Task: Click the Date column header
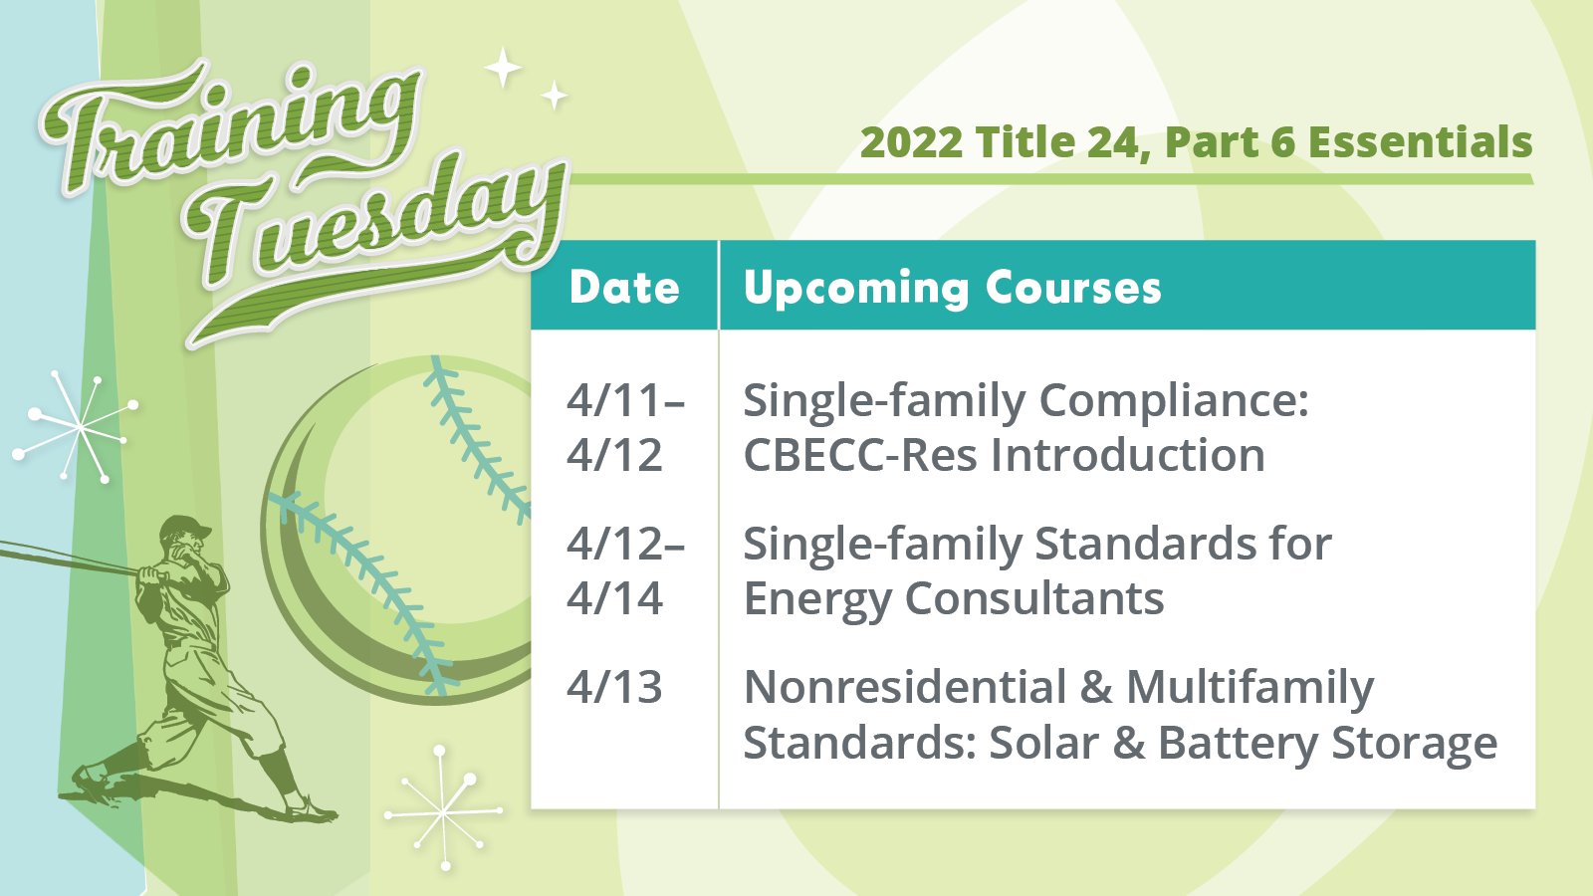click(x=624, y=288)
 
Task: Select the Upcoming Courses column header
click(x=952, y=288)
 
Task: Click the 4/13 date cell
click(x=614, y=687)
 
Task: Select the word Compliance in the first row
click(x=1175, y=401)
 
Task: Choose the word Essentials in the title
click(x=1420, y=142)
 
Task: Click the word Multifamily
click(x=1250, y=687)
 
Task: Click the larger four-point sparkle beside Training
click(x=504, y=68)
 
